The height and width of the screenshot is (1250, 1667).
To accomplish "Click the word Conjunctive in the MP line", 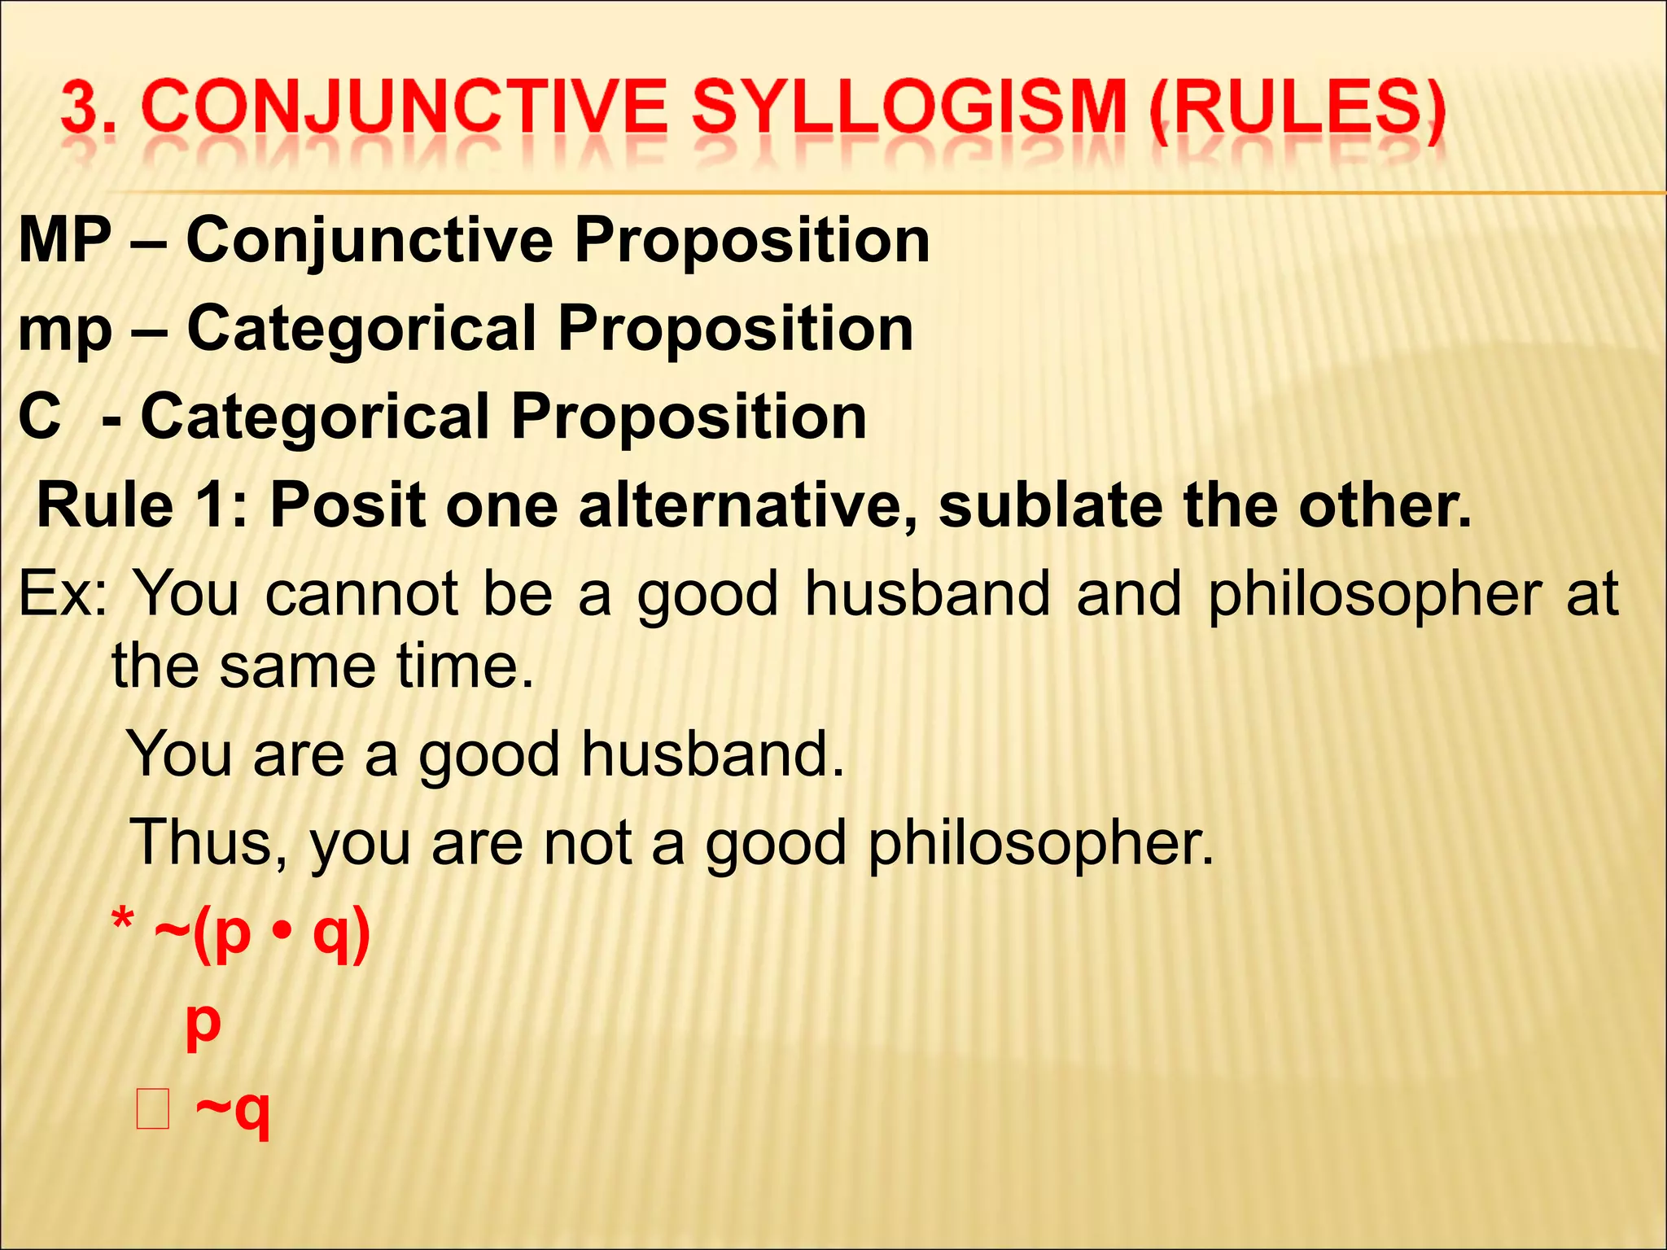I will [x=370, y=242].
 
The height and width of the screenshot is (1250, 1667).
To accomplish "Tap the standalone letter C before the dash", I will [x=40, y=417].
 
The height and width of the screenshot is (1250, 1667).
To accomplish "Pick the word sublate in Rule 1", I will [x=1051, y=505].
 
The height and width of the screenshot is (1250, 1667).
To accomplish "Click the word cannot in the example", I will [x=361, y=594].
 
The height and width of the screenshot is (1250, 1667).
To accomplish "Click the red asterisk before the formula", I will [x=123, y=924].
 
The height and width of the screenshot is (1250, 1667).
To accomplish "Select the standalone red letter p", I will [x=203, y=1024].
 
